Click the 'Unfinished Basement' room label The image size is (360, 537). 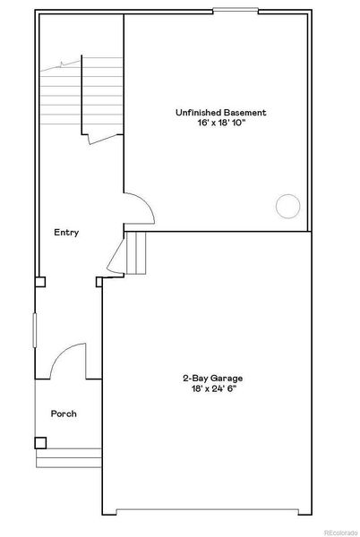(219, 113)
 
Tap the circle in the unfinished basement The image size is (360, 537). (287, 207)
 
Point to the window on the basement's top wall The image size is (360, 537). (237, 10)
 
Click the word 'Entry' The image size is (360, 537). (66, 233)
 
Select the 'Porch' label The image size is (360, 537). (64, 413)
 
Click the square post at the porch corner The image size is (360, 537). (40, 441)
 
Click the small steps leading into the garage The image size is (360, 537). (135, 251)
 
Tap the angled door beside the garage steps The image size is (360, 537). (115, 254)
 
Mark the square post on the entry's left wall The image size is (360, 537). (40, 281)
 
